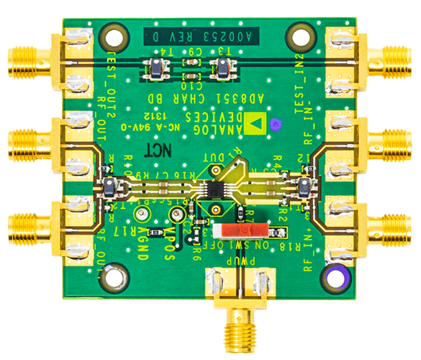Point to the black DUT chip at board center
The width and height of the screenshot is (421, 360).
[x=215, y=189]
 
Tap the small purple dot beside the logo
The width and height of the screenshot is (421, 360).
[x=275, y=124]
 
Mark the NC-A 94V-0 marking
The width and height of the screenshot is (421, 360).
[x=157, y=126]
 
